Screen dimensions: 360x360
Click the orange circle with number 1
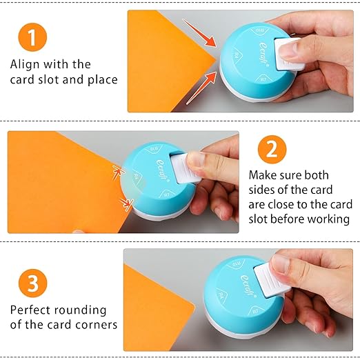tap(32, 37)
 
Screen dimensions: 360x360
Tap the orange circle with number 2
tap(272, 150)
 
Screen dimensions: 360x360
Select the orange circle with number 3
tap(33, 283)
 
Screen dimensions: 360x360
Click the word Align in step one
tap(25, 65)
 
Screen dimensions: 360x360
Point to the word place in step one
tap(103, 80)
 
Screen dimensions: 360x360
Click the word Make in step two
tap(262, 175)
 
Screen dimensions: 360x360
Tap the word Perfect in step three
tap(30, 310)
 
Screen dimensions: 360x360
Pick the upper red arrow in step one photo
tap(199, 32)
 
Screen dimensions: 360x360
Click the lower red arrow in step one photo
tap(201, 88)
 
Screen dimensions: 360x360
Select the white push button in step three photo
tap(271, 281)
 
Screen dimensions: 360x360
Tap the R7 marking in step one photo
tap(263, 79)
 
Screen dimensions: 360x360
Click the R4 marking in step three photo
tap(221, 294)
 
